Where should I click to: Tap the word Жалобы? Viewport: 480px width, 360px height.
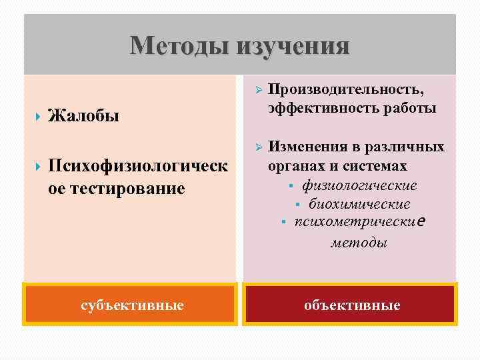click(84, 117)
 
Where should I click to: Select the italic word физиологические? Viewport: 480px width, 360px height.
click(359, 185)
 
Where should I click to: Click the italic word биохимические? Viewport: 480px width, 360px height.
click(359, 204)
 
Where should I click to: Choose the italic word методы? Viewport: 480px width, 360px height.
click(359, 243)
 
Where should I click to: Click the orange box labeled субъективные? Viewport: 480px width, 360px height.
click(131, 305)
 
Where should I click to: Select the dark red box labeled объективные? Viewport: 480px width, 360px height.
click(351, 305)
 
